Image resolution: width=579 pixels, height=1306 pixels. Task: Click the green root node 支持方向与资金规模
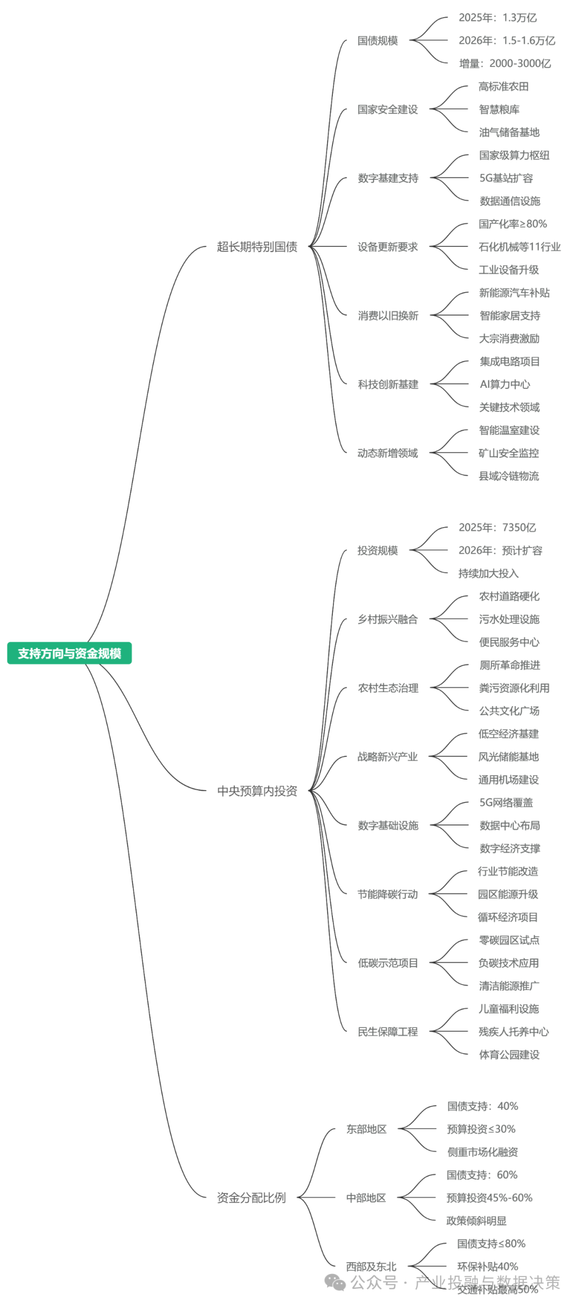coord(69,653)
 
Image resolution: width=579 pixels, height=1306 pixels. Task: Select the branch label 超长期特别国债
coord(257,247)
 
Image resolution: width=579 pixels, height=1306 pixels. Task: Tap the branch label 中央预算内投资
coord(257,791)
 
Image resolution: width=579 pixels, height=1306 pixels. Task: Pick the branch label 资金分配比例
coord(251,1198)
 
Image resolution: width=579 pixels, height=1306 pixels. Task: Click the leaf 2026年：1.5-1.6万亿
coord(507,41)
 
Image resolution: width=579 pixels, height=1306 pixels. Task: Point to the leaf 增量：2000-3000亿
coord(504,64)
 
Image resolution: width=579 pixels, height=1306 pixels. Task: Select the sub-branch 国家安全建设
coord(388,110)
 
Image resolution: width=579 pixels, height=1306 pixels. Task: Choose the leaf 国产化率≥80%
coord(513,224)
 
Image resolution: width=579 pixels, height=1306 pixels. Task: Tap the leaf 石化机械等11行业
coord(519,247)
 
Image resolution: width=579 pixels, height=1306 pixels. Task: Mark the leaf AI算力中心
coord(504,385)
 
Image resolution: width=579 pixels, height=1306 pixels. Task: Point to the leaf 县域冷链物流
coord(508,476)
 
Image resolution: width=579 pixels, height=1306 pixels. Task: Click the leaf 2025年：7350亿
coord(497,528)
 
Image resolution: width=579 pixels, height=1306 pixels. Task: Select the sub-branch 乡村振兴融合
coord(388,620)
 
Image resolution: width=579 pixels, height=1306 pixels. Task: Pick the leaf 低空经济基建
coord(508,734)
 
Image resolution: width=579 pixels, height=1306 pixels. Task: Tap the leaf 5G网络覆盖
coord(506,802)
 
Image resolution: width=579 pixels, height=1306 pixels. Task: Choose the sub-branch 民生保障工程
coord(388,1032)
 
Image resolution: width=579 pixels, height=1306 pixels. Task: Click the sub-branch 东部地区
coord(366,1129)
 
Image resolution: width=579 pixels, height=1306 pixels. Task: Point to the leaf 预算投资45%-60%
coord(489,1198)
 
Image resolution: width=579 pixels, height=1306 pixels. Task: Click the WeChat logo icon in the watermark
coord(336,1282)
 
